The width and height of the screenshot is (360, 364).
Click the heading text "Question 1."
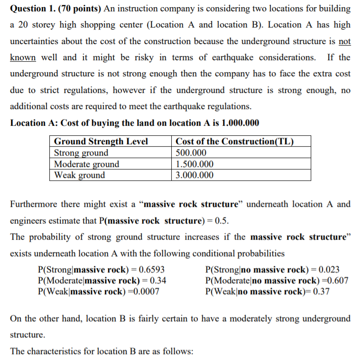coord(32,9)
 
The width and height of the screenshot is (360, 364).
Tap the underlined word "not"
coord(345,41)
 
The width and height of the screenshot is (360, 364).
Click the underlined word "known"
coord(23,57)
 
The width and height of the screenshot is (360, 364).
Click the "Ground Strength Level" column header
coord(101,141)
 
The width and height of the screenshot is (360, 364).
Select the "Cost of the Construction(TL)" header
coord(234,141)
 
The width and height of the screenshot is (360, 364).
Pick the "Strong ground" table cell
coord(81,153)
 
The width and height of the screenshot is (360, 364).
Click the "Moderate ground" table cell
coord(87,164)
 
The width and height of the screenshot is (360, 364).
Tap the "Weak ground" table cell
coord(80,175)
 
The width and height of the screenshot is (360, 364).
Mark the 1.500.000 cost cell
coord(194,164)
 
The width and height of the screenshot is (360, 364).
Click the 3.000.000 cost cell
coord(194,175)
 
